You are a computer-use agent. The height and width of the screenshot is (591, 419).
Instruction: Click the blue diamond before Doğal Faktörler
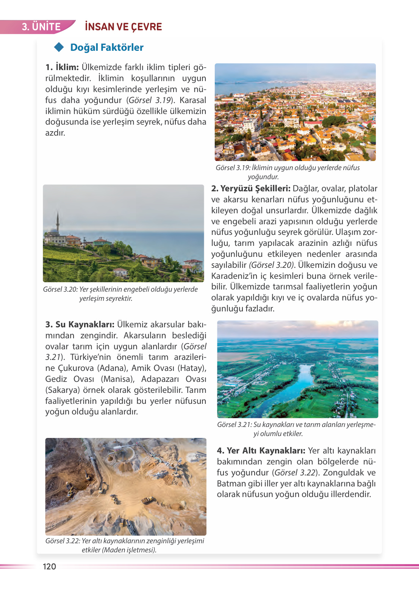[59, 47]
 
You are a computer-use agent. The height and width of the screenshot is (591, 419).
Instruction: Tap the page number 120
[49, 566]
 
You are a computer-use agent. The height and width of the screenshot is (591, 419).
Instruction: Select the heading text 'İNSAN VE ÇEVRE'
[124, 27]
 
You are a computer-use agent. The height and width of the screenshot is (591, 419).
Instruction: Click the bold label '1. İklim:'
[62, 67]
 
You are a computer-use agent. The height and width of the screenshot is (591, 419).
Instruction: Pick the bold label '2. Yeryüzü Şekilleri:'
[251, 189]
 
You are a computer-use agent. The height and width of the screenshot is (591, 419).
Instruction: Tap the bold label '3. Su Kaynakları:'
[80, 325]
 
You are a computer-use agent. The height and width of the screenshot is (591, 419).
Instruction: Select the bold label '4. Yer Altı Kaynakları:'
[261, 451]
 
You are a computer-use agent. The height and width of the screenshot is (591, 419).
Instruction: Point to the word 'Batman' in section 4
[231, 484]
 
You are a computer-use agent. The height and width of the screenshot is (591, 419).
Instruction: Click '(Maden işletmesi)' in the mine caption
[129, 550]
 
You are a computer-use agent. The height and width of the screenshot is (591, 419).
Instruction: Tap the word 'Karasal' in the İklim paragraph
[193, 100]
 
